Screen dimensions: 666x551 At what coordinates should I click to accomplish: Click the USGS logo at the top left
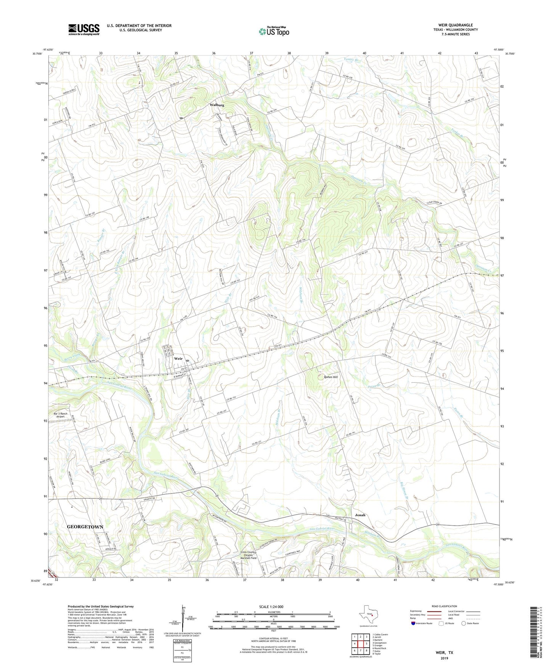point(84,29)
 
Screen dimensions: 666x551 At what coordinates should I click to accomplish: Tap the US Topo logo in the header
point(274,31)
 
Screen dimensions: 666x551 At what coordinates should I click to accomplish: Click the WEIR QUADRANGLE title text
point(456,25)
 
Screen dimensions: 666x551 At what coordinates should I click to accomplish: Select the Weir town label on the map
point(178,359)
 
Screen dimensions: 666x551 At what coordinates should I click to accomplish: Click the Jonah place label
point(360,515)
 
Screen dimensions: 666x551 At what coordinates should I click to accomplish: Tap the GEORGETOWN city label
point(85,527)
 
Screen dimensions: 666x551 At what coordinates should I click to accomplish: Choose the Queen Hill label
point(331,377)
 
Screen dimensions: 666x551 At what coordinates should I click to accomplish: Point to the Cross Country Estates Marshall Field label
point(248,555)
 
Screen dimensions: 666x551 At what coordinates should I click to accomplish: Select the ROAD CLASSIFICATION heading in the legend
point(444,606)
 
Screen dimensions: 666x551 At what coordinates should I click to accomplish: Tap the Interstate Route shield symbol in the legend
point(414,623)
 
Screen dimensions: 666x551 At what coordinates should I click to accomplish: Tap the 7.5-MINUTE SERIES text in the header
point(455,34)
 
